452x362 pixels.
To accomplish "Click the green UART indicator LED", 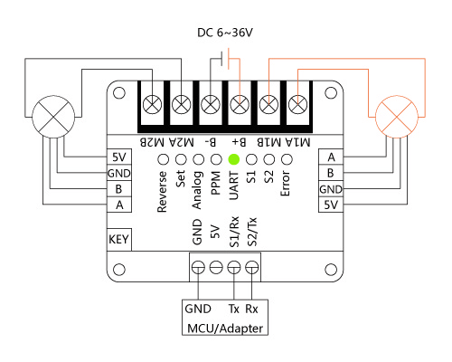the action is pos(234,159).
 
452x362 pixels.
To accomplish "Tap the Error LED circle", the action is pos(287,159).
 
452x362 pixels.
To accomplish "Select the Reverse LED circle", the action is pos(164,159).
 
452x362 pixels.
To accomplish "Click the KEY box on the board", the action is pos(119,239).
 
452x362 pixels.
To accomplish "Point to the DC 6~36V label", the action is pos(225,33).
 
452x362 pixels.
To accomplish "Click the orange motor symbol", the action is pos(397,117).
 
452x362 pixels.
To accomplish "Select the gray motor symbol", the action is pos(53,117).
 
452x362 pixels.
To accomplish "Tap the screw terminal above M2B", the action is pos(152,104).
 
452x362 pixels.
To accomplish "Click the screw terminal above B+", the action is pos(240,104).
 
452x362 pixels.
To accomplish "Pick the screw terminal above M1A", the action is pos(298,104).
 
